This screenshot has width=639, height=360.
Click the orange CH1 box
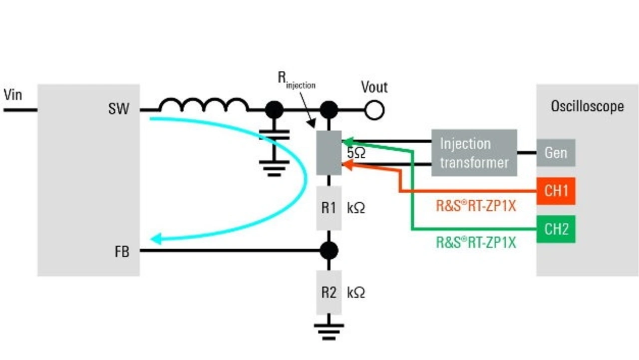pyautogui.click(x=556, y=191)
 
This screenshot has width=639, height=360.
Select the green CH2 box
pyautogui.click(x=556, y=229)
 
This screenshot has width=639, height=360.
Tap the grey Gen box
pyautogui.click(x=556, y=153)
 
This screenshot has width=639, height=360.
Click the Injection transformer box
pyautogui.click(x=474, y=153)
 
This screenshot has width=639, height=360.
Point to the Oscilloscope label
pyautogui.click(x=587, y=106)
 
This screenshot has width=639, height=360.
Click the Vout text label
pyautogui.click(x=374, y=87)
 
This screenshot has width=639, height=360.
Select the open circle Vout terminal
pyautogui.click(x=374, y=110)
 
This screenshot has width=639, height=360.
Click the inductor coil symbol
pyautogui.click(x=203, y=105)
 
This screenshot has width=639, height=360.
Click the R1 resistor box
pyautogui.click(x=328, y=208)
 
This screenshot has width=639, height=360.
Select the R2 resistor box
pyautogui.click(x=328, y=292)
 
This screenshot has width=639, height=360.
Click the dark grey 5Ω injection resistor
pyautogui.click(x=328, y=152)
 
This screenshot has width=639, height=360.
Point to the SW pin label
pyautogui.click(x=118, y=109)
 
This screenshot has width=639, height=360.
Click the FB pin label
pyautogui.click(x=121, y=252)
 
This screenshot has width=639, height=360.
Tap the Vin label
pyautogui.click(x=13, y=94)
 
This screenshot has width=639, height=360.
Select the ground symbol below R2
pyautogui.click(x=328, y=330)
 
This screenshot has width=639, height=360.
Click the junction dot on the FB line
pyautogui.click(x=328, y=250)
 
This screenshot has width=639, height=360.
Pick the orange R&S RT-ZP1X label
pyautogui.click(x=475, y=206)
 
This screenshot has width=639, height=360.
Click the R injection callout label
pyautogui.click(x=296, y=80)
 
